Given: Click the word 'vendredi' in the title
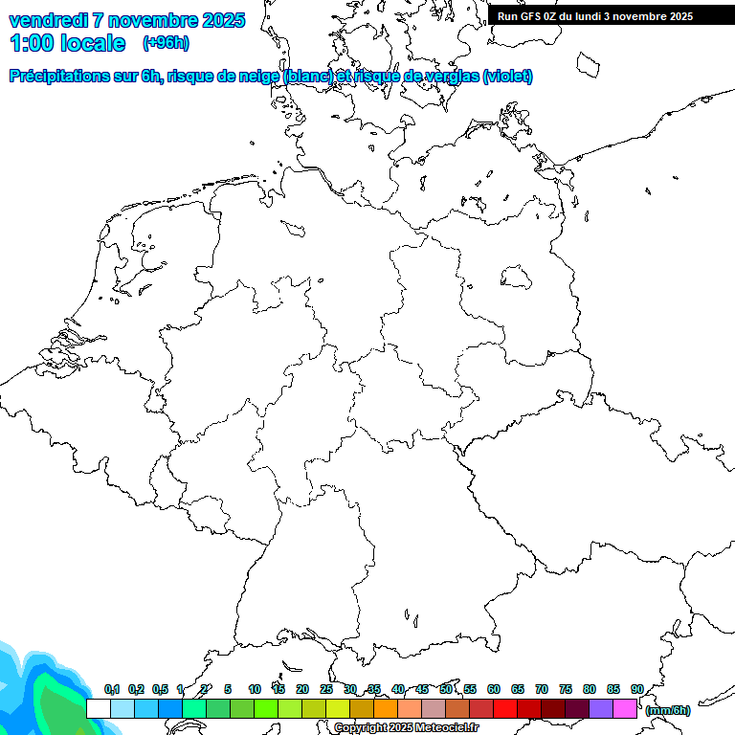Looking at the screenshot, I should [x=49, y=20].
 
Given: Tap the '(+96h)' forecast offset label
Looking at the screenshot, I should [x=166, y=43].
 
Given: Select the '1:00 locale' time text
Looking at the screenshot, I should [x=67, y=43].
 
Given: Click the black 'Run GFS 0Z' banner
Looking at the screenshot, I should [x=595, y=15].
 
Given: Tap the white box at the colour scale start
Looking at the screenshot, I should [x=98, y=708].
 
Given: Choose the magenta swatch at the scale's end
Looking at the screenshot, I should [x=625, y=708].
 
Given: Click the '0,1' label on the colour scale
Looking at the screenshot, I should [x=112, y=689].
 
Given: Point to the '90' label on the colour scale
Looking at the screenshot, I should [x=637, y=689].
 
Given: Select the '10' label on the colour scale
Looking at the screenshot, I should [x=255, y=689].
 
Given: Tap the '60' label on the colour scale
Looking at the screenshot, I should [x=494, y=689].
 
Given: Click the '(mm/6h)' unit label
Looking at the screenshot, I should [x=669, y=710].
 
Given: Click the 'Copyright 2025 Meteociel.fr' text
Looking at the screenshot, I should [x=407, y=728].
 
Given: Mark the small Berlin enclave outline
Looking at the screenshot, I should [x=517, y=278].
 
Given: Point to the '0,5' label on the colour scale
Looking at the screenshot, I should [x=160, y=689].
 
